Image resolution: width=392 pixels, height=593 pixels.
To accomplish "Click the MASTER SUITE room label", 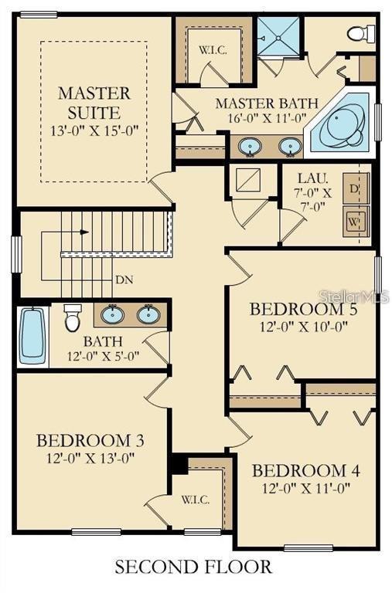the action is click(x=94, y=103).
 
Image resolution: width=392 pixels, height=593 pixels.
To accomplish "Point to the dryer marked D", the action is click(x=356, y=188).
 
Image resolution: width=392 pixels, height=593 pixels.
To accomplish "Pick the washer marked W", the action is click(x=356, y=222).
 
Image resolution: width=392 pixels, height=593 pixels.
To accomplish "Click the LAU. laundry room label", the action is click(x=313, y=178).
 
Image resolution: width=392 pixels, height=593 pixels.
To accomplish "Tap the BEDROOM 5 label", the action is click(x=303, y=310).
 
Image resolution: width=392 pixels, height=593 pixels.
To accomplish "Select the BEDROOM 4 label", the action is click(x=305, y=471).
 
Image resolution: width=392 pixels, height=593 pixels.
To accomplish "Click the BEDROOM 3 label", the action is click(x=90, y=441).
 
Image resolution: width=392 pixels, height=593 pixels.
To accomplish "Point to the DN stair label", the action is click(x=124, y=280).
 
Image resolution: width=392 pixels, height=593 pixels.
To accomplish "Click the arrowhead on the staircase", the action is click(x=84, y=232).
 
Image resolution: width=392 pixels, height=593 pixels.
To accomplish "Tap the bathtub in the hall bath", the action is click(x=32, y=336).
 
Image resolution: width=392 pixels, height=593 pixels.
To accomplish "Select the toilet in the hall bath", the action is click(x=72, y=317).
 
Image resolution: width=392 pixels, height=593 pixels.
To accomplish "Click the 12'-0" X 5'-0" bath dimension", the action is click(x=104, y=356).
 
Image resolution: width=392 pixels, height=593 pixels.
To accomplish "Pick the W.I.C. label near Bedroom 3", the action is click(x=196, y=500).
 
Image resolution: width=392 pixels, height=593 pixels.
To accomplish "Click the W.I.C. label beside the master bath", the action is click(x=213, y=50).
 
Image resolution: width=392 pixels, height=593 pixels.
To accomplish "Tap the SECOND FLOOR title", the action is click(x=193, y=567).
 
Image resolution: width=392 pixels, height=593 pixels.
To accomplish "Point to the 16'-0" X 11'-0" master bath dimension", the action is click(x=267, y=117).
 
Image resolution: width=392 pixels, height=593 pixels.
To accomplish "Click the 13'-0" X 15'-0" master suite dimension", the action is click(x=94, y=130).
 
